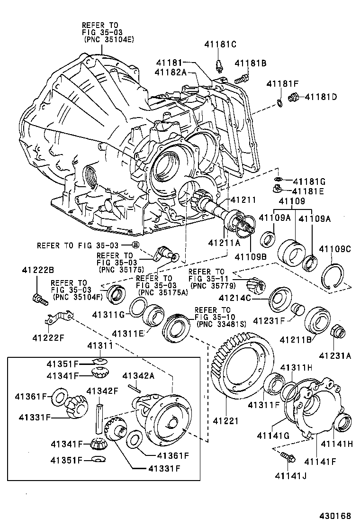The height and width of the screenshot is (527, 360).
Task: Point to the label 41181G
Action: pos(309,181)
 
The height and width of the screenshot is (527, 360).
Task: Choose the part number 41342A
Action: pos(139,376)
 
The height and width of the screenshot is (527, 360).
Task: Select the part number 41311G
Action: pos(108,314)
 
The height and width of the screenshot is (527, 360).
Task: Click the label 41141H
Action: pos(337,444)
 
